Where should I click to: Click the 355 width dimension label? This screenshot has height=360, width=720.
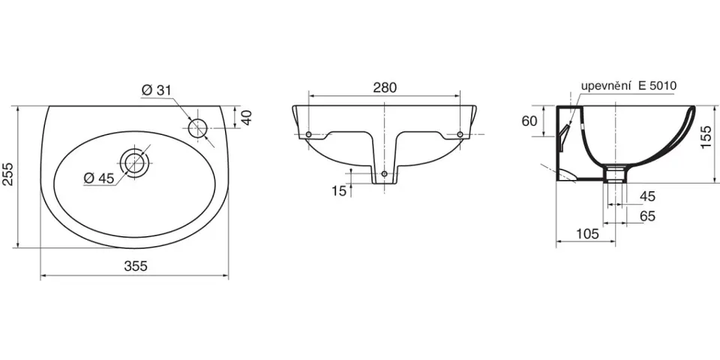136,266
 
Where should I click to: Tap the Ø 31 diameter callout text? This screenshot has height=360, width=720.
156,91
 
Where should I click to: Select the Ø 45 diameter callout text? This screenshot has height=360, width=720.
99,178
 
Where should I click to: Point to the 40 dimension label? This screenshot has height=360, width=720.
247,117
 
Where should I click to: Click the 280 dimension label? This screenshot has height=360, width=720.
384,88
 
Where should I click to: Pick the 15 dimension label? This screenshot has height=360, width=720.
339,191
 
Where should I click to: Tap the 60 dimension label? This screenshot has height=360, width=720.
529,121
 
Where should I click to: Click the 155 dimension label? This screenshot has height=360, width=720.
707,137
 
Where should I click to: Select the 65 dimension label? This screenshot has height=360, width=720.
647,216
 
